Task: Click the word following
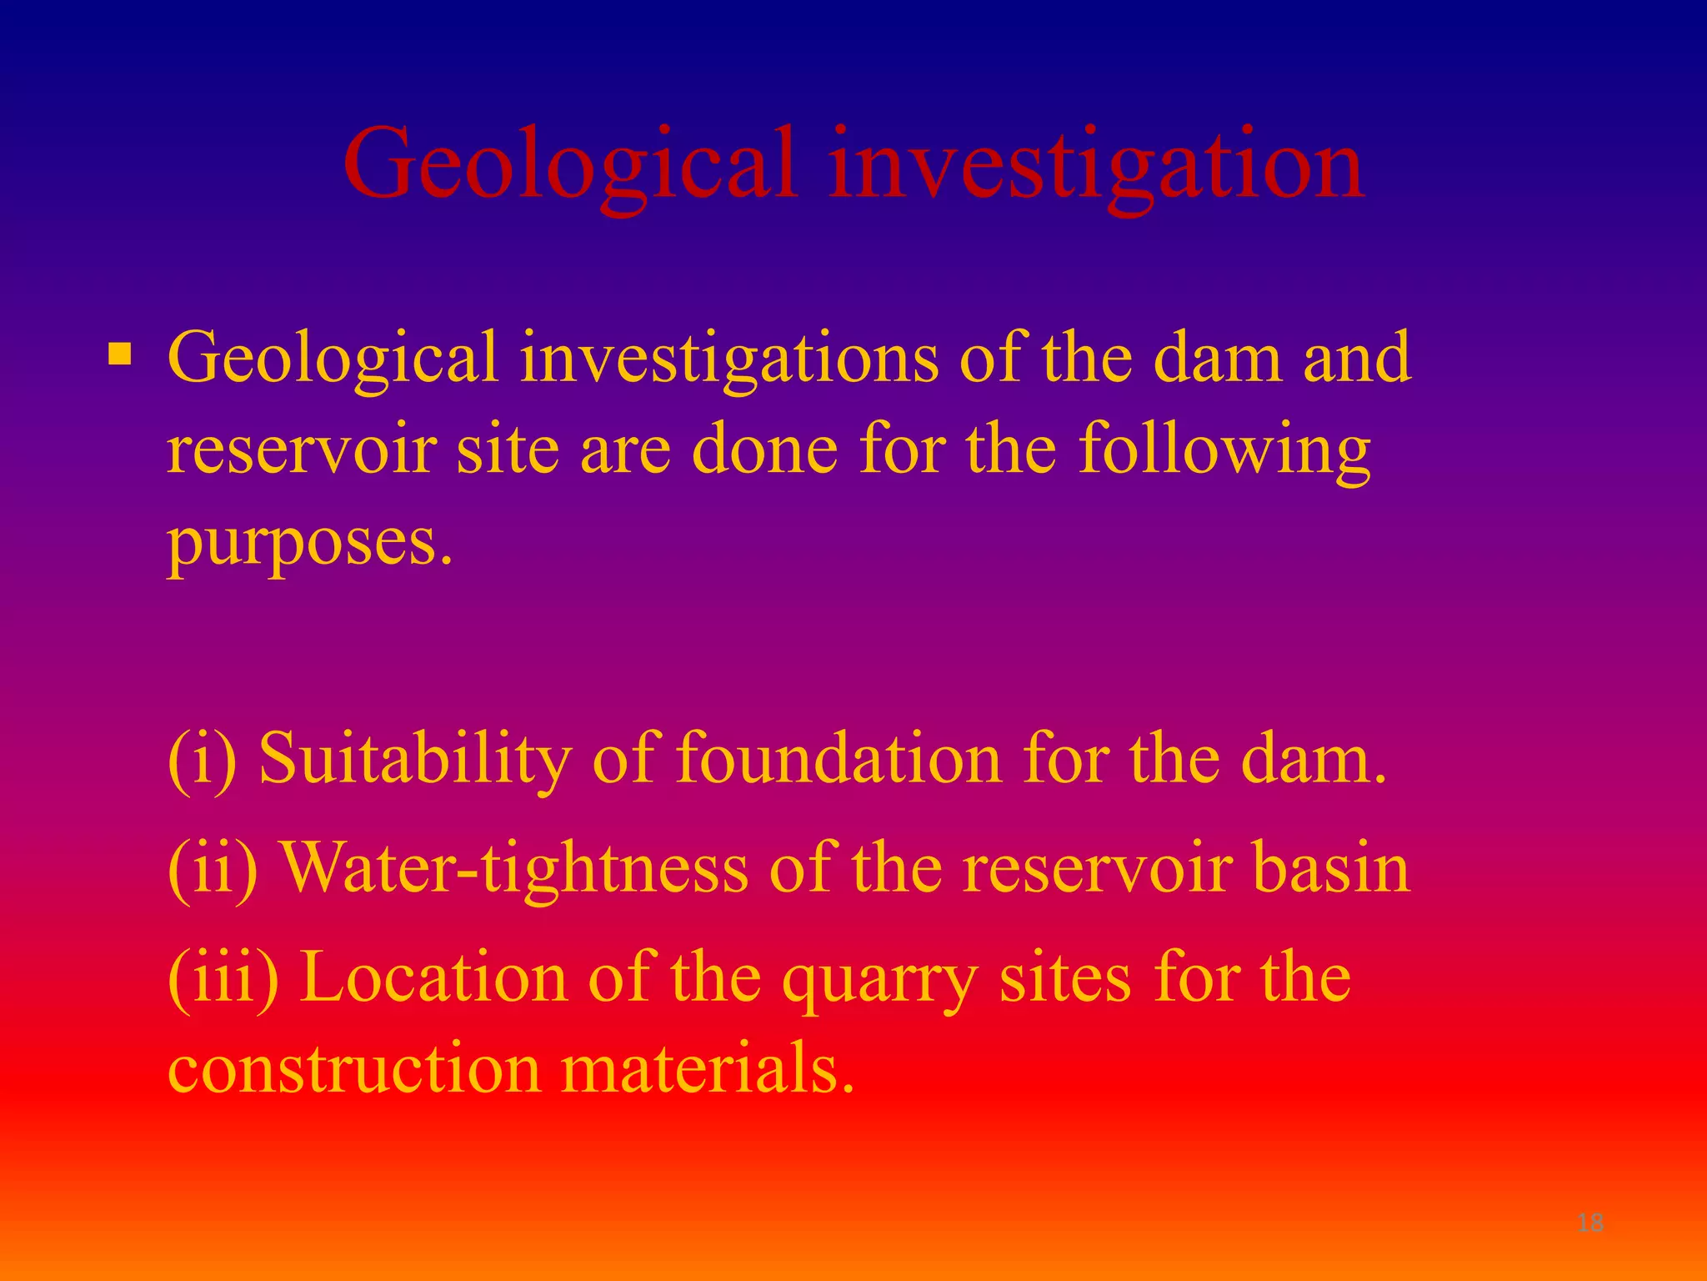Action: pyautogui.click(x=1224, y=450)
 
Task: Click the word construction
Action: pyautogui.click(x=355, y=1069)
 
